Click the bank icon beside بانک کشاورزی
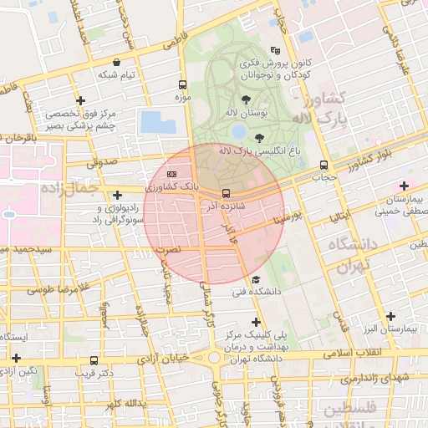point(171,174)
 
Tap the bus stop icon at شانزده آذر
point(226,193)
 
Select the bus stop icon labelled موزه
point(182,84)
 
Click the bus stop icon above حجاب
point(324,165)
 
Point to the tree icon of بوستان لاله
point(245,99)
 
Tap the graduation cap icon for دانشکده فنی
point(256,279)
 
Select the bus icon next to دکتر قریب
point(94,361)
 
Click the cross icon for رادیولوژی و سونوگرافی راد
point(117,196)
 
